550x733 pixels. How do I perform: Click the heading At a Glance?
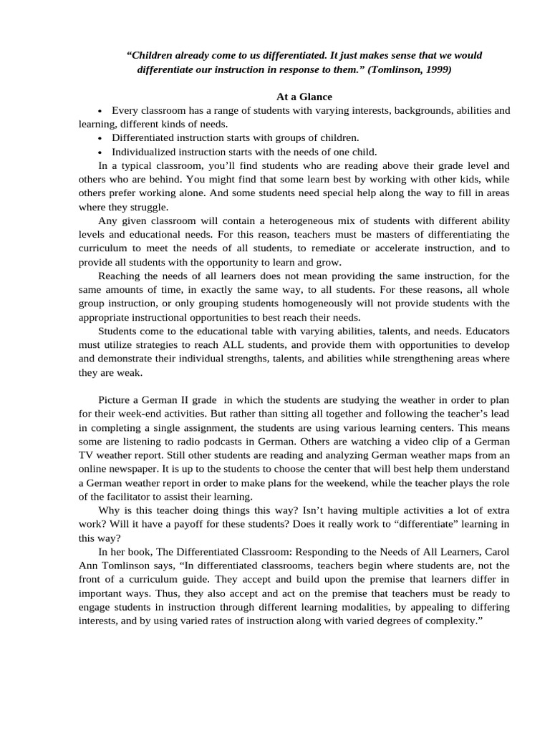tap(304, 97)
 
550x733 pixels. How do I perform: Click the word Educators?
tap(488, 331)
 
